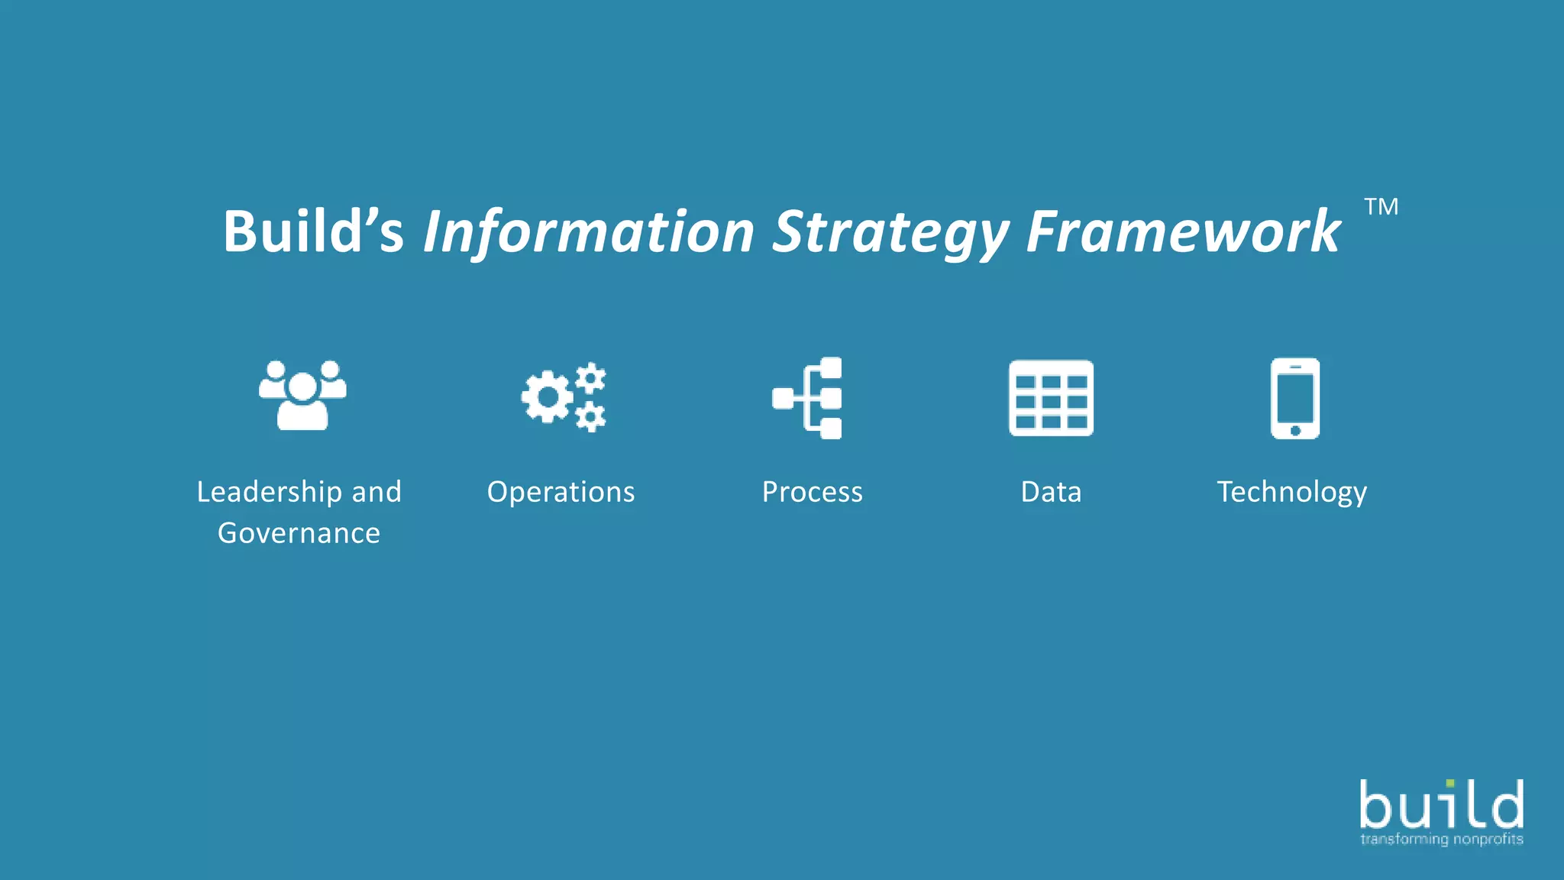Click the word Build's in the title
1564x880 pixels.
pyautogui.click(x=313, y=231)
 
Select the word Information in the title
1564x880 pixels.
pyautogui.click(x=589, y=231)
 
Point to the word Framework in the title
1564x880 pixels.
pyautogui.click(x=1183, y=231)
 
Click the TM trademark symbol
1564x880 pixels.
pyautogui.click(x=1381, y=206)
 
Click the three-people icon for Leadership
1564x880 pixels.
pyautogui.click(x=302, y=396)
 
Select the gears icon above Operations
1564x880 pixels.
pyautogui.click(x=564, y=397)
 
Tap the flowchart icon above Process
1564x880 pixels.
pyautogui.click(x=808, y=398)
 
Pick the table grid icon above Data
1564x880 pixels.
pyautogui.click(x=1051, y=398)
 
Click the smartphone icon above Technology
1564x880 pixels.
pyautogui.click(x=1294, y=398)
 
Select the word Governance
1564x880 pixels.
pyautogui.click(x=299, y=533)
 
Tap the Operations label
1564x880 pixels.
pyautogui.click(x=561, y=492)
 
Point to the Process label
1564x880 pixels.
pyautogui.click(x=812, y=492)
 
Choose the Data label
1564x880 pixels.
pyautogui.click(x=1051, y=492)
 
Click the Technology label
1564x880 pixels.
pyautogui.click(x=1291, y=492)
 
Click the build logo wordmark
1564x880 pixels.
pyautogui.click(x=1441, y=805)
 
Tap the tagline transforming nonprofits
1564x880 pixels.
pyautogui.click(x=1441, y=840)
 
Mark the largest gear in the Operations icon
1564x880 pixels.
pyautogui.click(x=547, y=396)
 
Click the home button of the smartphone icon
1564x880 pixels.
pyautogui.click(x=1295, y=430)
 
